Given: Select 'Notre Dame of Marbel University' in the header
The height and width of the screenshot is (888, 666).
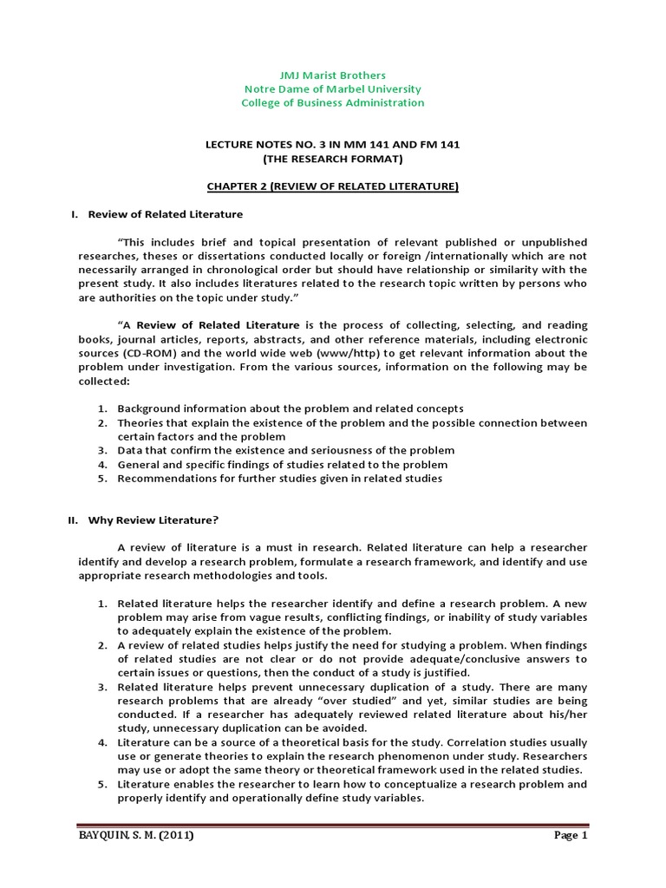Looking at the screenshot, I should (332, 89).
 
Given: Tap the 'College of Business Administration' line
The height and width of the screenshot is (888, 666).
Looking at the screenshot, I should (332, 103).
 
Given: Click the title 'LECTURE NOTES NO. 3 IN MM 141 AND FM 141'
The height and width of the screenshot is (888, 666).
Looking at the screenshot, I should (332, 145).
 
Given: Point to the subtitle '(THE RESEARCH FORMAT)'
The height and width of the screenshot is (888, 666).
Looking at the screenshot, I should (332, 159).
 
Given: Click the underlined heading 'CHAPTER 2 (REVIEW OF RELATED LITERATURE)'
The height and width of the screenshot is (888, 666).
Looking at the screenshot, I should (332, 186).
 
